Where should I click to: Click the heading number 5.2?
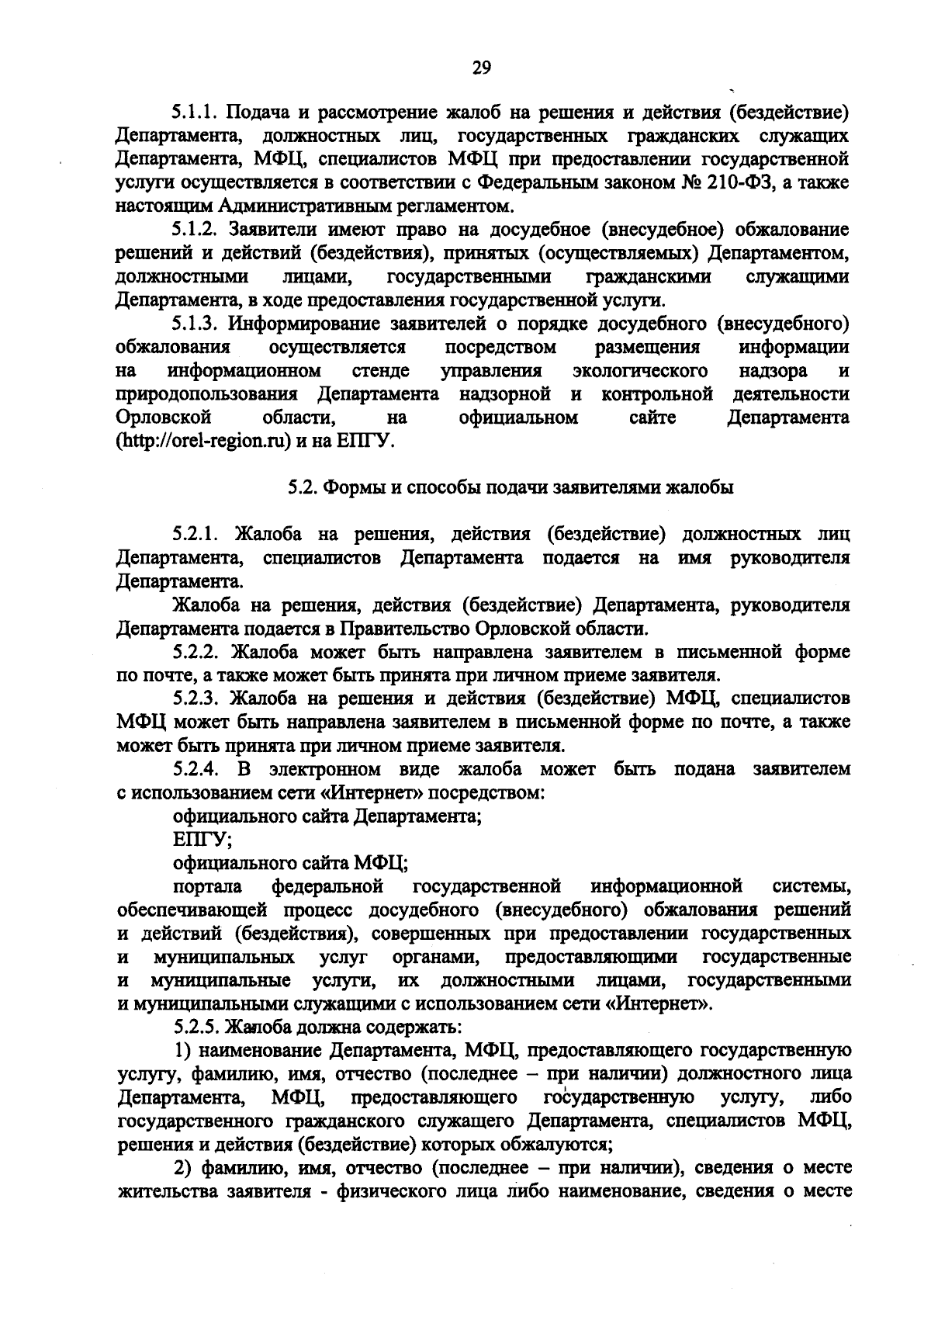[299, 487]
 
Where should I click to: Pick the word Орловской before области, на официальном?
[164, 418]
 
